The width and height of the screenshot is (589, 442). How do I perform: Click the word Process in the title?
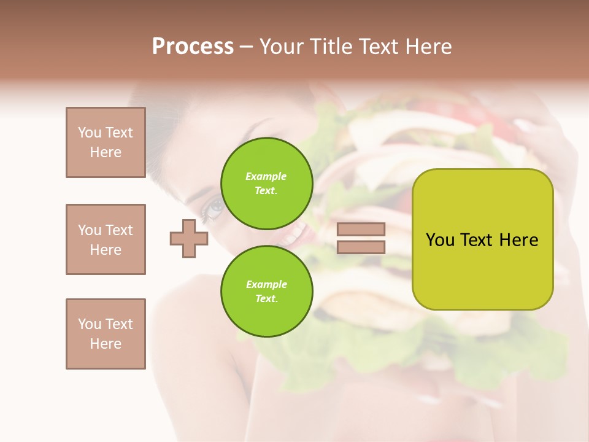[x=193, y=47]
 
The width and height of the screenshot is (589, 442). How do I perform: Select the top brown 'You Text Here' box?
[x=106, y=142]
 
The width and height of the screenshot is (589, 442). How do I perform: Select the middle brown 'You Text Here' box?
[x=106, y=239]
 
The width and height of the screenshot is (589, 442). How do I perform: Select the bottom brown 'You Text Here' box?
[x=106, y=334]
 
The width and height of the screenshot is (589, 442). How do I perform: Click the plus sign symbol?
[x=189, y=238]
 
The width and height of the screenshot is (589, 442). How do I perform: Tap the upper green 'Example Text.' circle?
[x=266, y=184]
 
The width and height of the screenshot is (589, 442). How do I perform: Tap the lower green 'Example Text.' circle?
[x=266, y=292]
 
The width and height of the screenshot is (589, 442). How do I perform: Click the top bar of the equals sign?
[x=361, y=230]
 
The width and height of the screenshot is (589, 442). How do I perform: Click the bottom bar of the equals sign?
[x=361, y=247]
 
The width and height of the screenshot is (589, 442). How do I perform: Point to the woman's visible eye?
[x=215, y=208]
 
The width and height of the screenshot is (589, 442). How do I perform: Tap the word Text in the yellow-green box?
[x=478, y=240]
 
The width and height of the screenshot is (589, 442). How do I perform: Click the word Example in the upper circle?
[x=266, y=176]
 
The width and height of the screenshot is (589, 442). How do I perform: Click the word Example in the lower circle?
[x=266, y=284]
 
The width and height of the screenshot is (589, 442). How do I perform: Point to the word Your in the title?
[x=282, y=47]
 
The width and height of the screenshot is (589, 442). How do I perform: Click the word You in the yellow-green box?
[x=441, y=240]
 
